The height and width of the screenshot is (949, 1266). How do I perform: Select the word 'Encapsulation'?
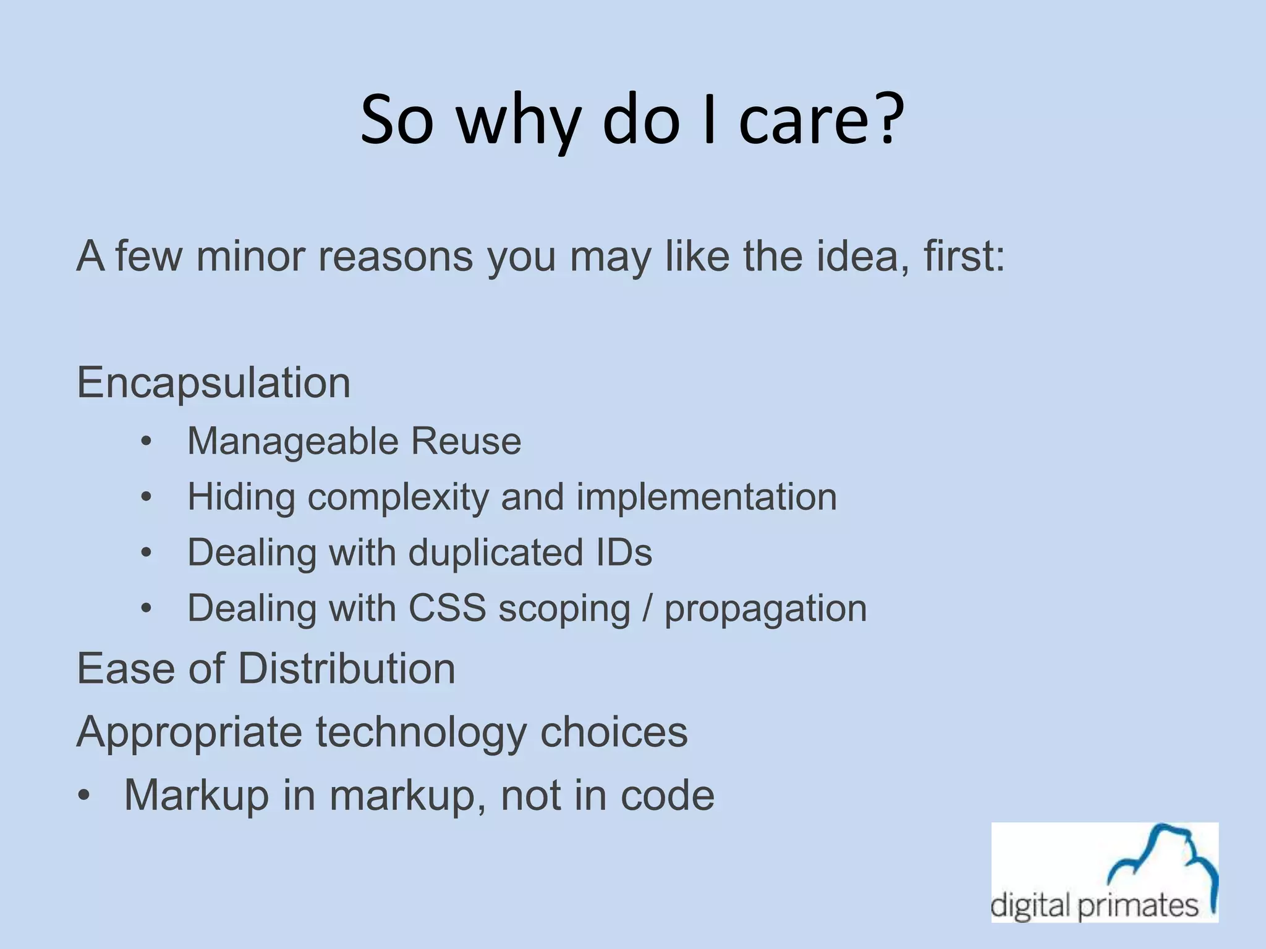(x=214, y=383)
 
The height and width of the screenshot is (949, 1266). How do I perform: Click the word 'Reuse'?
(x=467, y=441)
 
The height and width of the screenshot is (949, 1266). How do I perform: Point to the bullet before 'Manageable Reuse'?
(x=146, y=442)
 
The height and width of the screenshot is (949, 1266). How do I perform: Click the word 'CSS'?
(x=447, y=608)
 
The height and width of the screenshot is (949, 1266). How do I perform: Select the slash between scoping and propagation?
(x=647, y=608)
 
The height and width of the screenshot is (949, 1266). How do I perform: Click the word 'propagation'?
(x=765, y=609)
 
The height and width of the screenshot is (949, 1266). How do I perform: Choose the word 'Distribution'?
(x=346, y=669)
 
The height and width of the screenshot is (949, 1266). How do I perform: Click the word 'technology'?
(x=421, y=733)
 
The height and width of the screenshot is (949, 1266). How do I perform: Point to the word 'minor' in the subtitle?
(x=250, y=256)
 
